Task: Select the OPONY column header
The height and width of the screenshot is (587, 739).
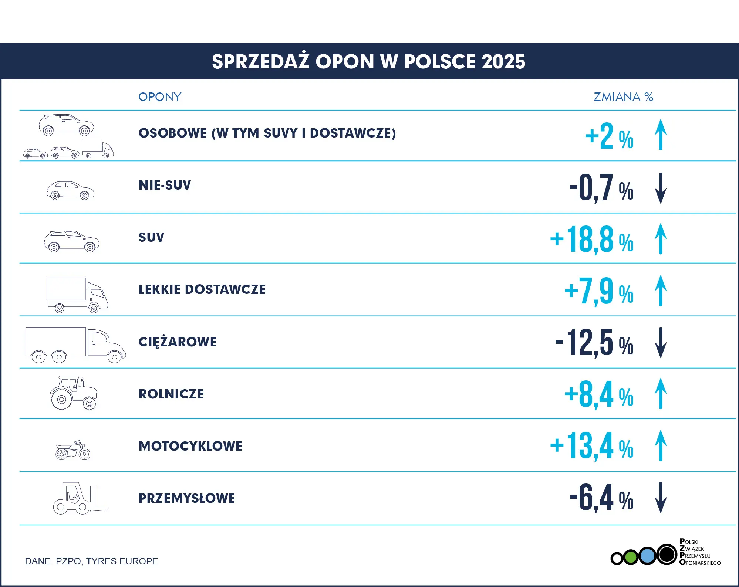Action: [x=160, y=97]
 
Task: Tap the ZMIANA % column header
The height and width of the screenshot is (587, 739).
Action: [x=623, y=97]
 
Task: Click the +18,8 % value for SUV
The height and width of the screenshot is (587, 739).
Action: [x=592, y=240]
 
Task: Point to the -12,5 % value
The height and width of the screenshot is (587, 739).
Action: [x=594, y=343]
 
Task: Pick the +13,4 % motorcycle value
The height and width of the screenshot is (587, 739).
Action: [x=592, y=446]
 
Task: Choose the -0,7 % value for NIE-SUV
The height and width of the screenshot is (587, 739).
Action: [x=601, y=188]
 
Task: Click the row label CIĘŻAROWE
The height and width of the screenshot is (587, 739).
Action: [x=178, y=342]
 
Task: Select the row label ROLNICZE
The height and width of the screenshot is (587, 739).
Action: [x=171, y=394]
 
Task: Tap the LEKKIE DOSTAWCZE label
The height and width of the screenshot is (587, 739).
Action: [x=202, y=289]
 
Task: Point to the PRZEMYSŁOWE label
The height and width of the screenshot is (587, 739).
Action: [x=187, y=498]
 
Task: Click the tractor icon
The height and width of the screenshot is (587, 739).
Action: [x=74, y=393]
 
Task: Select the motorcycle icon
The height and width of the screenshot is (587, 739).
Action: [x=73, y=450]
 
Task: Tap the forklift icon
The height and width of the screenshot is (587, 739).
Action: [x=81, y=498]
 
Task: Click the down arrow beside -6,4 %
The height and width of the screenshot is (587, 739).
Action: [x=661, y=498]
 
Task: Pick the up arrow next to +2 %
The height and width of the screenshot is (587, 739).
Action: [x=661, y=134]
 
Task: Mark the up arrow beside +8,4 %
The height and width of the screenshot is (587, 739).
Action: [x=661, y=393]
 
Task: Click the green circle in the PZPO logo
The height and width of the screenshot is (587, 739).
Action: [x=631, y=557]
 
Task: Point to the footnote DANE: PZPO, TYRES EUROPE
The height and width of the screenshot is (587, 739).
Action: [x=91, y=561]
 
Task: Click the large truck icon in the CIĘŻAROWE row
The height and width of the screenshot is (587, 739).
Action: [x=75, y=345]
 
